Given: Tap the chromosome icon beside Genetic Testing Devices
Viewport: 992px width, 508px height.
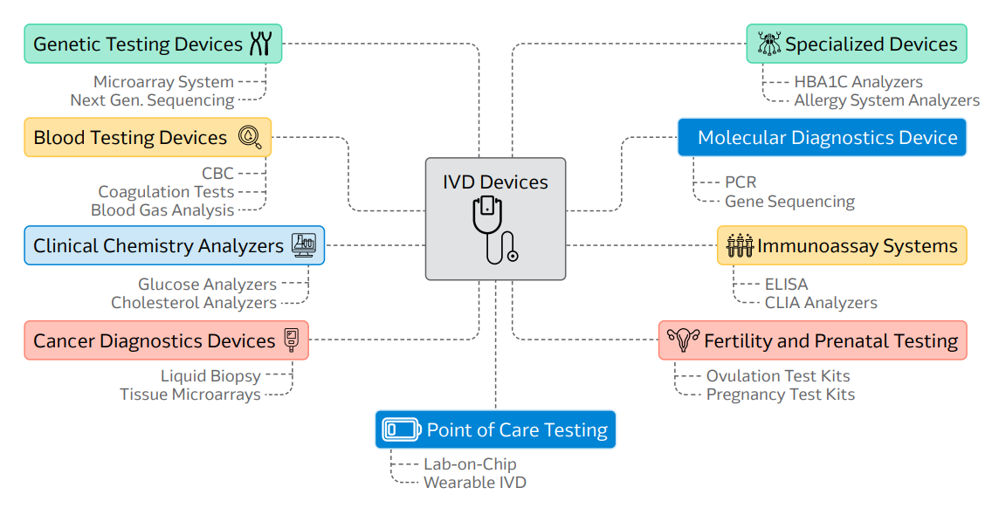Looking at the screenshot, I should click(x=260, y=44).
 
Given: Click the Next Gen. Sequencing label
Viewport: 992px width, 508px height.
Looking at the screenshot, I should click(x=152, y=100).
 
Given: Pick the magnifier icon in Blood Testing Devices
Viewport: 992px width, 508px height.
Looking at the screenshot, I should click(x=251, y=137).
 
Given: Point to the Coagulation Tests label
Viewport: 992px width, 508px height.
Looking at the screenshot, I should click(x=166, y=191).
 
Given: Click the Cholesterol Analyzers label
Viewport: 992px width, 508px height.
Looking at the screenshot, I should click(x=194, y=303).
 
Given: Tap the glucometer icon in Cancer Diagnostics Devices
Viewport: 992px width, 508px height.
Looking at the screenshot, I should click(x=292, y=340).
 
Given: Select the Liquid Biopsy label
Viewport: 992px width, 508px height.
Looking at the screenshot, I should click(x=210, y=376).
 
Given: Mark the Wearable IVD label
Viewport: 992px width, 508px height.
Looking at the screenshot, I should click(x=474, y=482).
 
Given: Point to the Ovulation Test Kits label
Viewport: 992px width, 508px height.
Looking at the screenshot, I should click(x=777, y=376).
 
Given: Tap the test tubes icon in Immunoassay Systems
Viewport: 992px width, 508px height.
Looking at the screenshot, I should click(x=739, y=245).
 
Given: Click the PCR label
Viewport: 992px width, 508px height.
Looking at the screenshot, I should click(x=741, y=182).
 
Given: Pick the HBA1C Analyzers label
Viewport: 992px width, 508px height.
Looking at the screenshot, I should click(x=845, y=82).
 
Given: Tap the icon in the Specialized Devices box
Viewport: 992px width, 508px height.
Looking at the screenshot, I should click(x=769, y=44).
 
